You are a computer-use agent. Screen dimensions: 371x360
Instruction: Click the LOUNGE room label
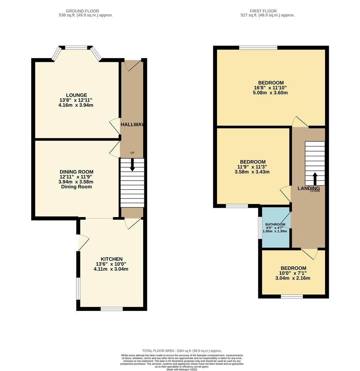point(76,95)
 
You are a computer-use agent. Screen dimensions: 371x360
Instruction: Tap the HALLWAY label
point(132,125)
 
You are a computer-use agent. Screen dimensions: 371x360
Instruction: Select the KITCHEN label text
point(111,259)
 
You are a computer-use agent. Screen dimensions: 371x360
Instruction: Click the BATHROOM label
point(275,224)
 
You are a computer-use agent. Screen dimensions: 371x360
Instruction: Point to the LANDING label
point(308,188)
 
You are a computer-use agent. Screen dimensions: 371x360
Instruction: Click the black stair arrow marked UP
point(132,165)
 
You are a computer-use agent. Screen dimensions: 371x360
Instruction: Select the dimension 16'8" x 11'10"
point(271,88)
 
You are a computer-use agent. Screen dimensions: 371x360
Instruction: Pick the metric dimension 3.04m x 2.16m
point(293,278)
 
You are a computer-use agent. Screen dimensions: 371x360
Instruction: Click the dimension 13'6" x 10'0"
point(111,264)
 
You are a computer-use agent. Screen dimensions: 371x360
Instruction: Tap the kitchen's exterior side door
point(83,243)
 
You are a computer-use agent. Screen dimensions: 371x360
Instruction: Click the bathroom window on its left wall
point(260,227)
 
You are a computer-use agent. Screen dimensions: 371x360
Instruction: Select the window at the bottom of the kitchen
point(112,309)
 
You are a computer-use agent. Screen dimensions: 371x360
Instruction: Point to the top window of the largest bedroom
point(258,48)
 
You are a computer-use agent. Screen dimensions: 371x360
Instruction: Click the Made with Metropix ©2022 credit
point(182,369)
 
